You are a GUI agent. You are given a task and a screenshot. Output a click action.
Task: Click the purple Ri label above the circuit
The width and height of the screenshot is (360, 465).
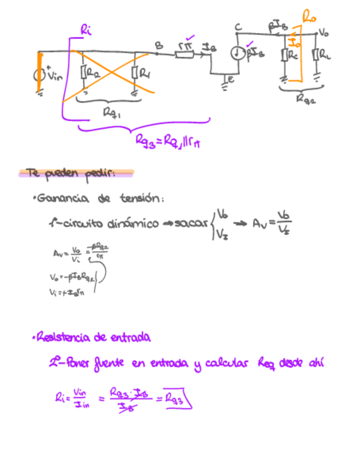tap(86, 30)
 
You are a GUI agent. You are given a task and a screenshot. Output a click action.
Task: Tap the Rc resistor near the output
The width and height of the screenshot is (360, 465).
tap(286, 56)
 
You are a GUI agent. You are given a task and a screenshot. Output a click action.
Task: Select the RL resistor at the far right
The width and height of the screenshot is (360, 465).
tap(317, 56)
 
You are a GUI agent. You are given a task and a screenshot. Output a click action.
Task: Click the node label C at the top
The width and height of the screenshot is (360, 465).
tap(238, 27)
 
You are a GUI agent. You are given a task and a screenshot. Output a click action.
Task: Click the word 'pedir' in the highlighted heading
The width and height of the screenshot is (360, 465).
tap(100, 174)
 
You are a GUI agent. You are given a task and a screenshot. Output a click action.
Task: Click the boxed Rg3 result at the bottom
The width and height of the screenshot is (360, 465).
tap(178, 398)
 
